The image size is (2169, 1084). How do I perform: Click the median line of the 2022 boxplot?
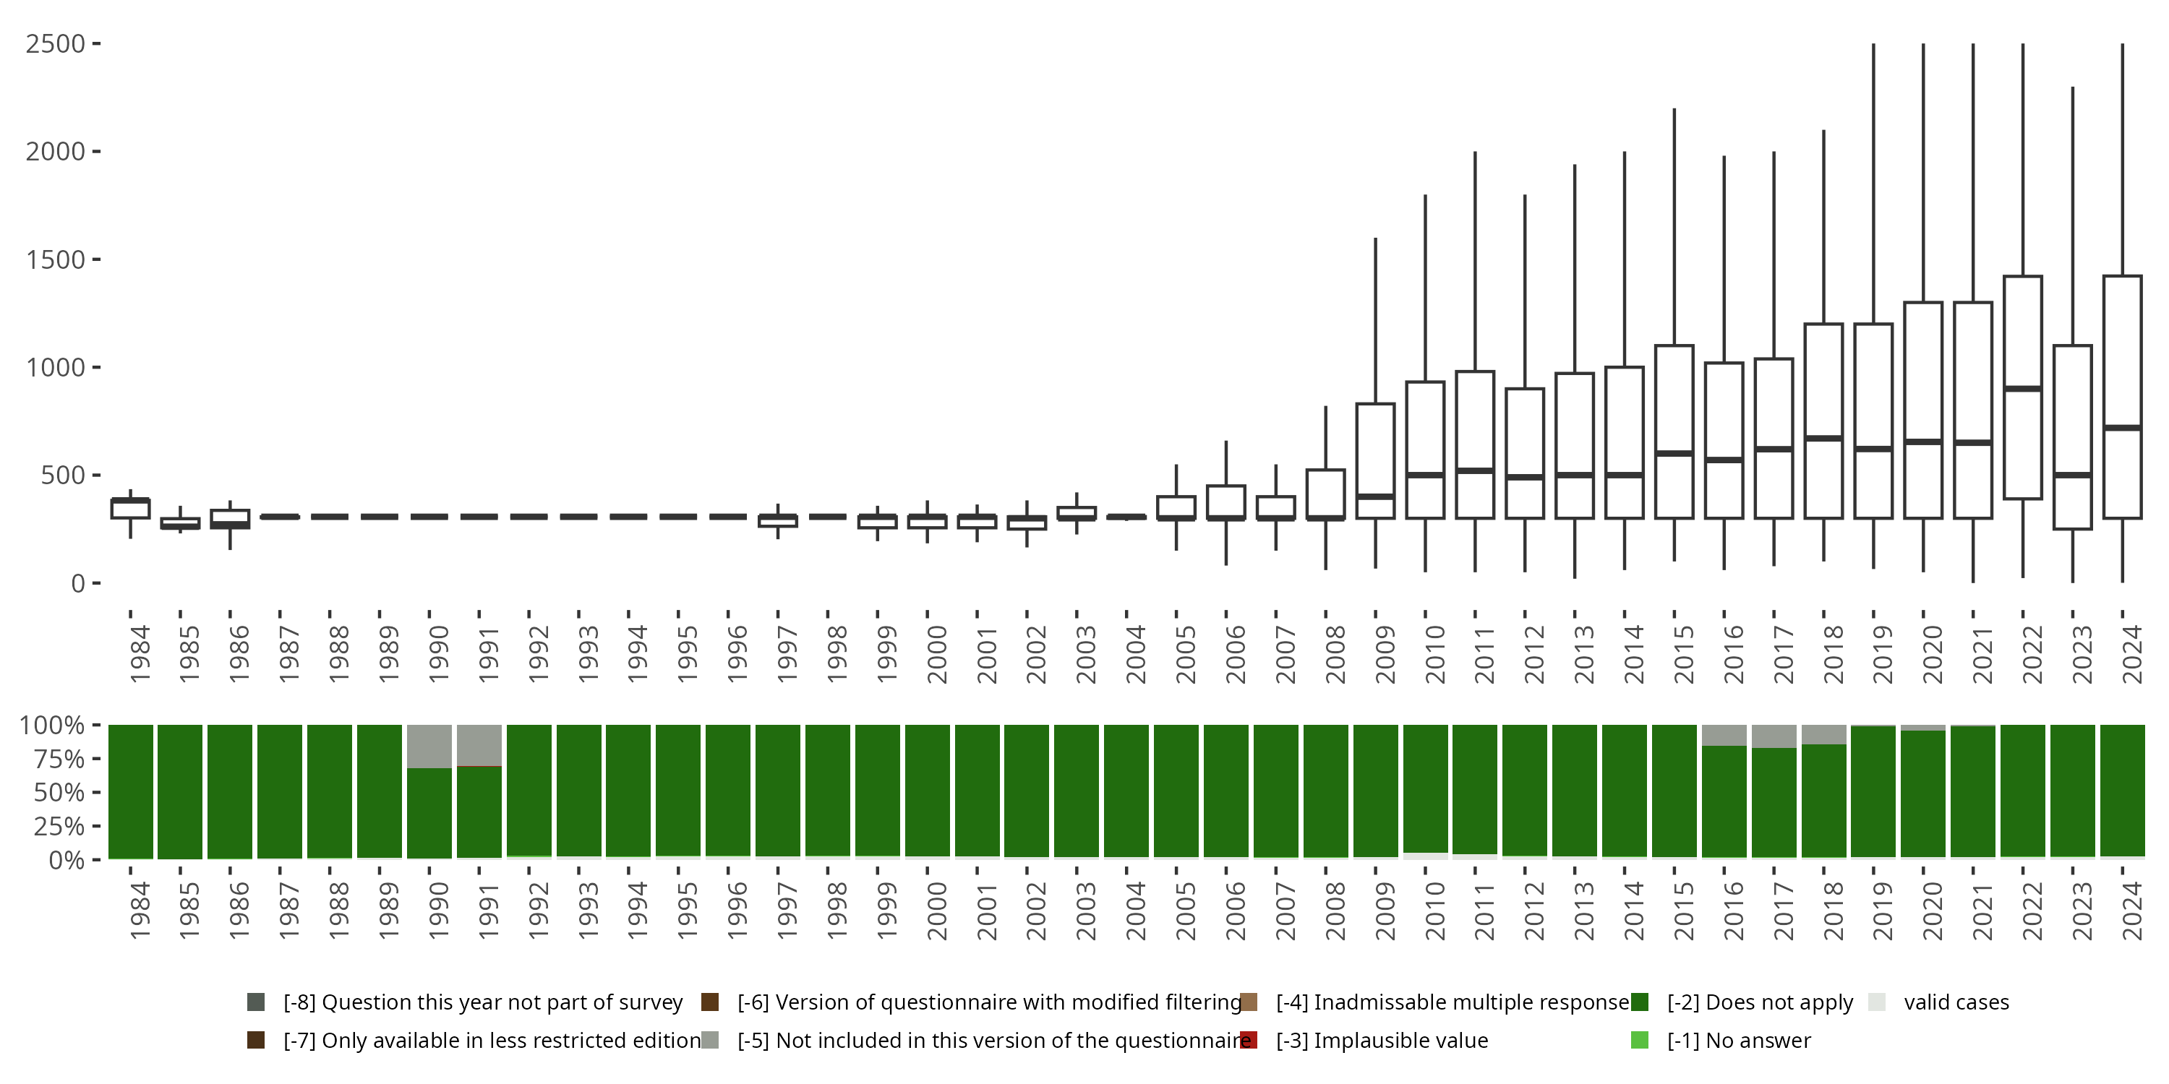2022,389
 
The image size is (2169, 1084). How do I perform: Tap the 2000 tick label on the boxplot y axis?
56,152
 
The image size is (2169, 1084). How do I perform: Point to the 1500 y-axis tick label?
56,260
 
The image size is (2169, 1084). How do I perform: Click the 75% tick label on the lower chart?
52,759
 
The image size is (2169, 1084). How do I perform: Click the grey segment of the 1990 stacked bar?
429,746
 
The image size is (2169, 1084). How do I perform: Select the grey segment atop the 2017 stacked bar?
1774,736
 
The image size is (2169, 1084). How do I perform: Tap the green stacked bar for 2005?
1176,791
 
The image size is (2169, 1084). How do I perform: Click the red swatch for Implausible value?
1249,1040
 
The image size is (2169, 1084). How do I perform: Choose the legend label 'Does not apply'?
1760,1002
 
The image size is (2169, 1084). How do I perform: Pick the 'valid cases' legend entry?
1956,1002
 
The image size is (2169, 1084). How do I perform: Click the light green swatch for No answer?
1639,1040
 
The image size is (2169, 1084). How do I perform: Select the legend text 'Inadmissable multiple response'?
1453,1002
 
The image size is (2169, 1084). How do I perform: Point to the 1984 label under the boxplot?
140,653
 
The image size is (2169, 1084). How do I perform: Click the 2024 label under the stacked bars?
2132,911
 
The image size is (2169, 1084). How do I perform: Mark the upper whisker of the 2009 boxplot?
1376,320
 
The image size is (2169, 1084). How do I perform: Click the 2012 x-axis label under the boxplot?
1534,653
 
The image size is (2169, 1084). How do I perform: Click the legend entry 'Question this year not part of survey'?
482,1002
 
